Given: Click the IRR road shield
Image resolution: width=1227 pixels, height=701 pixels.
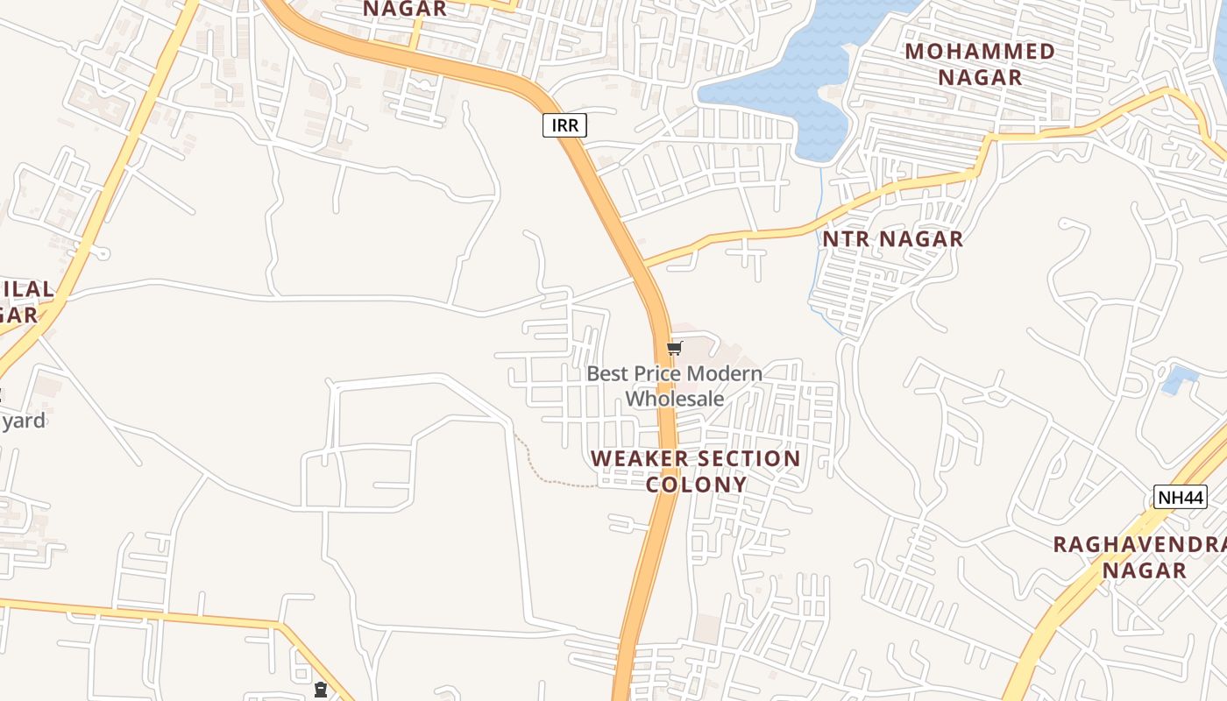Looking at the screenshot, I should [x=564, y=125].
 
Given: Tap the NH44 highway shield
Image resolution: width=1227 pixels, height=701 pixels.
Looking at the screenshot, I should [x=1180, y=497].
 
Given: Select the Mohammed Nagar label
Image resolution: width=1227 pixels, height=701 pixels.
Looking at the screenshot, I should [x=980, y=64].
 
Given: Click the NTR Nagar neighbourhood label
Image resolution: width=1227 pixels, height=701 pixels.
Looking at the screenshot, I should [x=892, y=238].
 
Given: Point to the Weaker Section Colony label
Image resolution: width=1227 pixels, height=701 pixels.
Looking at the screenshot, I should [x=696, y=471].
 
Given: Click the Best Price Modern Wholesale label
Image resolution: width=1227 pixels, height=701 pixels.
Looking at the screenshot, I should [x=674, y=386].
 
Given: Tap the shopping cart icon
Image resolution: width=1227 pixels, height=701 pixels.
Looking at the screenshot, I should [x=675, y=349].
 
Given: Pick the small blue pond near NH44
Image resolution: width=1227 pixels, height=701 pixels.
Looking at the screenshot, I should [x=1179, y=380].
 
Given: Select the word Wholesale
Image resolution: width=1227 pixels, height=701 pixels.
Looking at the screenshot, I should [x=675, y=399].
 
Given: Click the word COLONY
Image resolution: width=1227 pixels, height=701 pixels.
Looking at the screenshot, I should [x=697, y=485].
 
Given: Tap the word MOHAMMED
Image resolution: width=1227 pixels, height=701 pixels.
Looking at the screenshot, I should [x=980, y=51].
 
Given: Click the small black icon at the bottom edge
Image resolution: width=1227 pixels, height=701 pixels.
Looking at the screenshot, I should [x=321, y=690].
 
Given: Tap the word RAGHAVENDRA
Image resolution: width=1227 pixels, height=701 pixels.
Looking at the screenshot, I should [x=1138, y=544].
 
